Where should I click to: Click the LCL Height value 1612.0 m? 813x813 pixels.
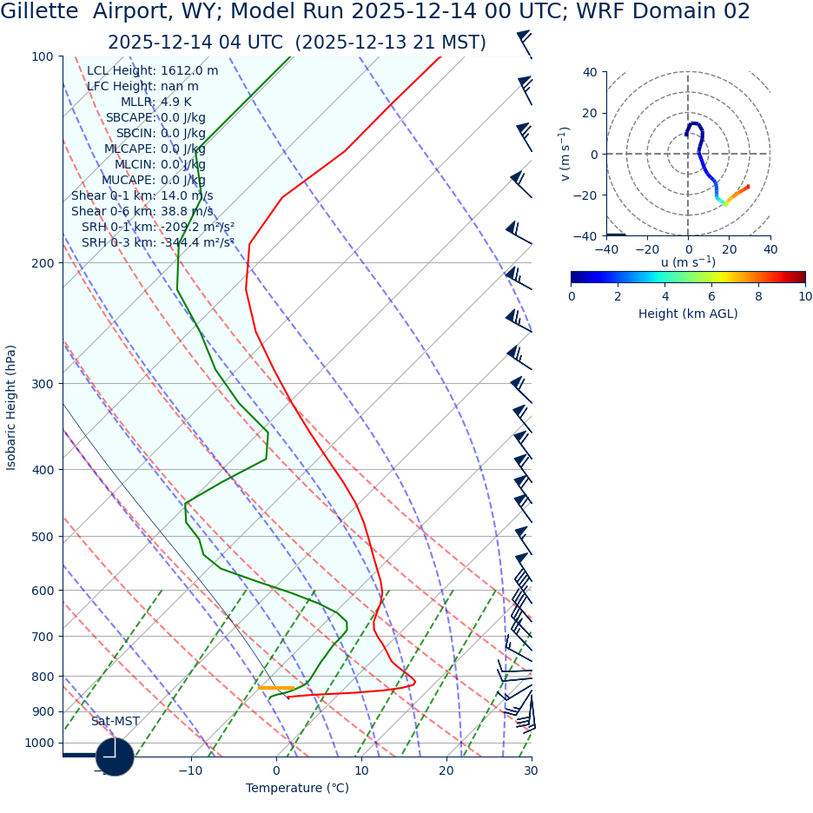point(189,71)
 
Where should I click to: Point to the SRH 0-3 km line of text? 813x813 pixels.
point(158,243)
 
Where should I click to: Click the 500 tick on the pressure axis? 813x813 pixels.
point(43,537)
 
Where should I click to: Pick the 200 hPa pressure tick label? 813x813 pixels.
point(43,263)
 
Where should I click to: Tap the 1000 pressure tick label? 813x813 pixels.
point(39,743)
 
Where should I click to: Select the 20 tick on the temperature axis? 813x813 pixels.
point(446,770)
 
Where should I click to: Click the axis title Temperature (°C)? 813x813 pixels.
point(297,789)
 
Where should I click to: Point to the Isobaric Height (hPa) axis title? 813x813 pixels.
point(11,407)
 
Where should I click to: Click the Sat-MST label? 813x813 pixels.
point(116,722)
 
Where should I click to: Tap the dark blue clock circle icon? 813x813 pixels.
point(115,756)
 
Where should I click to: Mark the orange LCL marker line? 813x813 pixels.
point(276,688)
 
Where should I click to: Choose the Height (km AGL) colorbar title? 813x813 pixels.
point(688,314)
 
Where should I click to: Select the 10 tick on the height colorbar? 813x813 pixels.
point(805,296)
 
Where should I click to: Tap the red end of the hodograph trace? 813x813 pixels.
point(747,187)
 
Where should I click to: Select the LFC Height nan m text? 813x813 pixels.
point(142,87)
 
